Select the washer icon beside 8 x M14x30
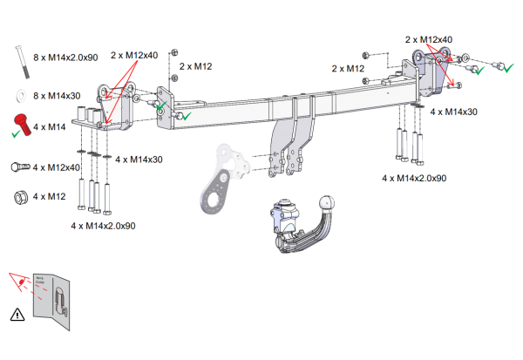coord(19,93)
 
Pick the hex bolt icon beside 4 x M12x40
coord(19,166)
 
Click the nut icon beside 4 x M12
coord(19,196)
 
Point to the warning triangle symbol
coord(16,313)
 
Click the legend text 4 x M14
coord(51,127)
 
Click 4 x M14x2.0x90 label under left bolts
coord(103,226)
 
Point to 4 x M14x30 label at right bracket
coord(453,112)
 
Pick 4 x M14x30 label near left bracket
coord(139,160)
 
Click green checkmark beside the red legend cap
coord(17,134)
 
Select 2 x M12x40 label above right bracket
coord(429,39)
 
